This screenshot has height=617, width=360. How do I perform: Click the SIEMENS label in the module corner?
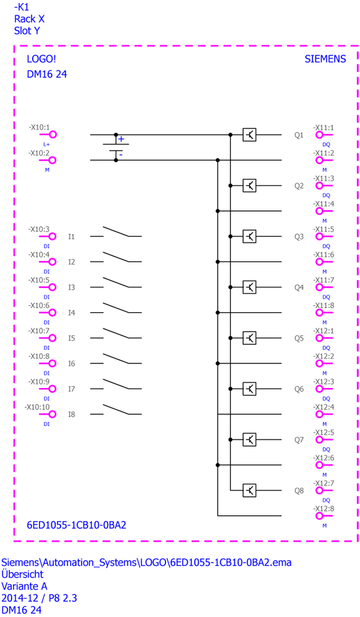(x=325, y=59)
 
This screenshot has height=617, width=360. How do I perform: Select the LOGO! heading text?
(x=41, y=59)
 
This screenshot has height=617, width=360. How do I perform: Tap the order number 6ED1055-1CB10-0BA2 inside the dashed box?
(x=77, y=525)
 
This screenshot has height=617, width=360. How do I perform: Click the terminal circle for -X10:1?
(x=52, y=135)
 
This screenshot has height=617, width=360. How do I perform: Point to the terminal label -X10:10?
(x=38, y=407)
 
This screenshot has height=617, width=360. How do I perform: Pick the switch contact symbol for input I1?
(x=116, y=232)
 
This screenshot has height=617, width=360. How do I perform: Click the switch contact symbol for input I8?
(x=116, y=410)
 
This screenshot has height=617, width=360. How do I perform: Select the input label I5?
(x=71, y=338)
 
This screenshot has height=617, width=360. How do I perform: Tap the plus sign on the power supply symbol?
(x=121, y=139)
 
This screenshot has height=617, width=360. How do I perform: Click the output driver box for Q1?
(x=249, y=135)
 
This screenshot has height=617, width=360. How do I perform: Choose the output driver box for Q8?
(x=249, y=491)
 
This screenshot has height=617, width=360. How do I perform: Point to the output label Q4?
(x=299, y=288)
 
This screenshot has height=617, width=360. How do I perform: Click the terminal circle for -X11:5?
(x=319, y=236)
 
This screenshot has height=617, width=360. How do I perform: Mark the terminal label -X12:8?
(x=324, y=508)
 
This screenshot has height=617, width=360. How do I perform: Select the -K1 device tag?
(x=21, y=7)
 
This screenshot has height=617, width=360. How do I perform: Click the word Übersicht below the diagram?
(x=22, y=574)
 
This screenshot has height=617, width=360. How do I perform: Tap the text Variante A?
(x=25, y=586)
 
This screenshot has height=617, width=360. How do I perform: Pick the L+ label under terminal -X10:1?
(x=46, y=144)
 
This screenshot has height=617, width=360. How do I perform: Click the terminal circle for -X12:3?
(x=319, y=389)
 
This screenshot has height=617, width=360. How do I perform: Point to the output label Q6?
(x=299, y=389)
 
